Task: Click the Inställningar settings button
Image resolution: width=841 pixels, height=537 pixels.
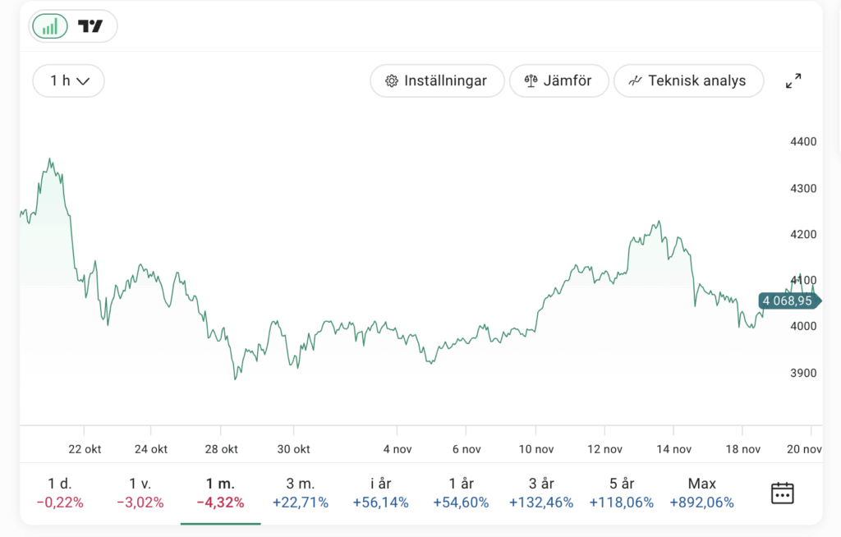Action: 436,80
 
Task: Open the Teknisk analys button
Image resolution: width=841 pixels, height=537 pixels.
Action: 688,80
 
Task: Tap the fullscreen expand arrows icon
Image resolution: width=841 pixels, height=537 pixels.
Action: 793,80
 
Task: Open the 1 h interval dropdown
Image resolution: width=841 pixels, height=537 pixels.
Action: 69,80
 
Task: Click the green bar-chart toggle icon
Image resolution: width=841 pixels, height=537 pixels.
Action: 50,26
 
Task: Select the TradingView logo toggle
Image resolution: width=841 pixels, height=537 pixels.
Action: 90,26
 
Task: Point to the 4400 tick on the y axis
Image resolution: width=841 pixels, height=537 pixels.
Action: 802,142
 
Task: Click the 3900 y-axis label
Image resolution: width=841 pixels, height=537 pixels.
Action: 802,373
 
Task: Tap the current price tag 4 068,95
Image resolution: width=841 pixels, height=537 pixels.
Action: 787,301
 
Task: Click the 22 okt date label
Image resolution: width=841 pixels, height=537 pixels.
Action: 84,449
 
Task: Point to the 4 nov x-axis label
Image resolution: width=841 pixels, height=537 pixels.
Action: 397,449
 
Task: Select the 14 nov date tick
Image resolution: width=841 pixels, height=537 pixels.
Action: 673,449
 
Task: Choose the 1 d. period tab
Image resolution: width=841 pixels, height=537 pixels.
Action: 61,484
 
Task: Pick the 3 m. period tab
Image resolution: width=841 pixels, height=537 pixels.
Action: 300,484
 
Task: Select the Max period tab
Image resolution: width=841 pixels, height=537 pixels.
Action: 702,484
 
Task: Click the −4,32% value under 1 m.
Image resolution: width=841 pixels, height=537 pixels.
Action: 220,503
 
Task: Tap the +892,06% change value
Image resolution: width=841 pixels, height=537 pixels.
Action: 702,503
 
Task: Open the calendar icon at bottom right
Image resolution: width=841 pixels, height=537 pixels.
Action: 782,493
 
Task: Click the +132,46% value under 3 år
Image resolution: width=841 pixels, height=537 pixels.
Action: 541,503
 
